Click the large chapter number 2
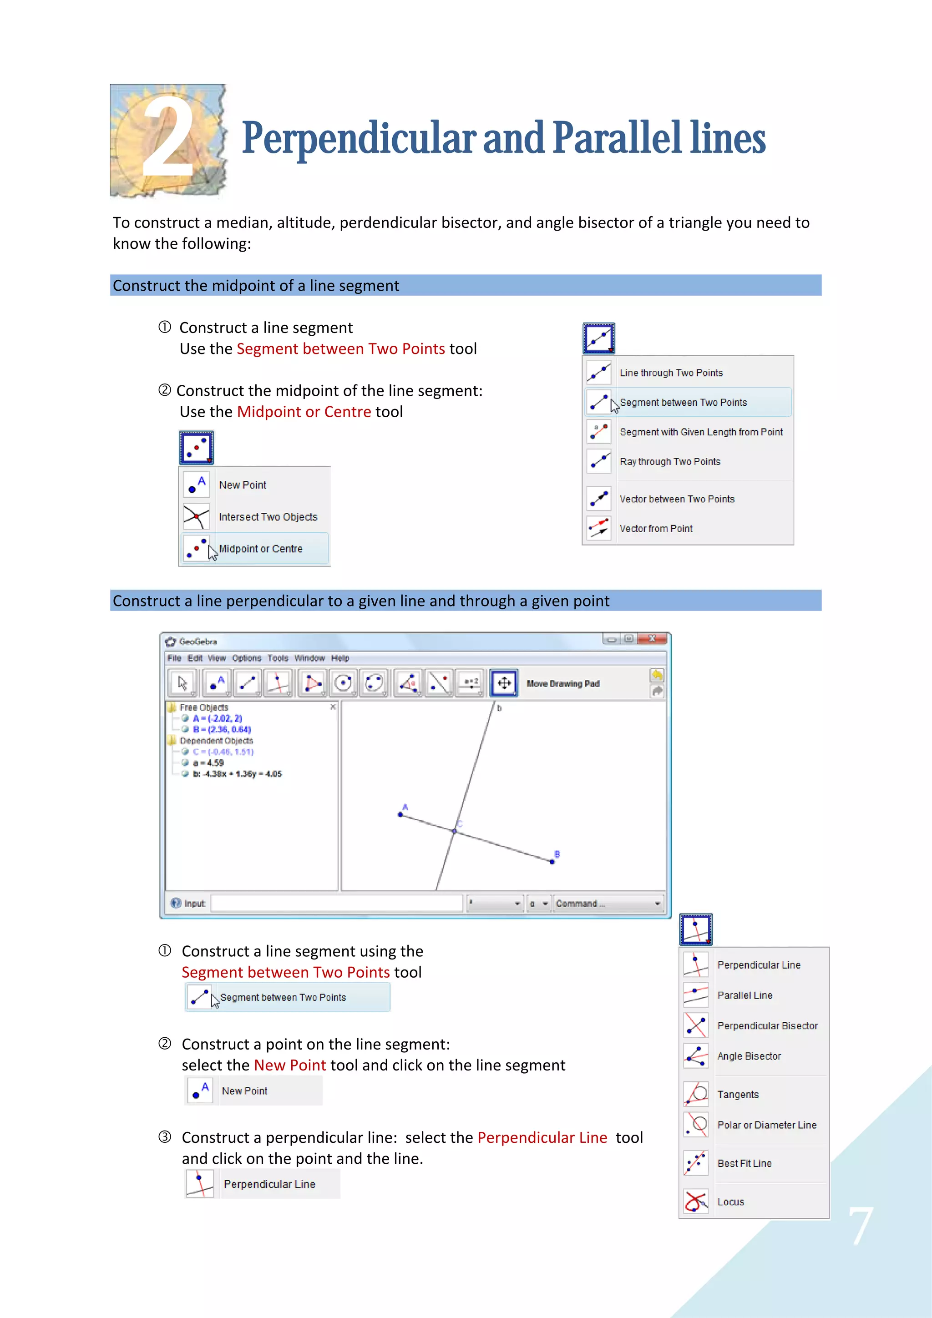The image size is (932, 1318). tap(167, 138)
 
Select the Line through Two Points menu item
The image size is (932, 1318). tap(671, 373)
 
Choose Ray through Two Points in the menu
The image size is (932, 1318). tap(669, 461)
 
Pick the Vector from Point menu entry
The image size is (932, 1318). tap(656, 529)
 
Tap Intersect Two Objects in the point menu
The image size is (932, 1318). tap(268, 517)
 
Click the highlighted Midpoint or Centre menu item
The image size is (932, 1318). tap(260, 549)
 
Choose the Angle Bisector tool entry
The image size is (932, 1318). tap(748, 1056)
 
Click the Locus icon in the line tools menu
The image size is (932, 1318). tap(696, 1201)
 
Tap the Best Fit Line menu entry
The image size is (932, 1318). tap(744, 1163)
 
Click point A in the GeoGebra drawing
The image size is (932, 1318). tap(400, 814)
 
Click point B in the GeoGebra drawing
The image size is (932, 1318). tap(552, 861)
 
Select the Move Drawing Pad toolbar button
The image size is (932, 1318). tap(504, 683)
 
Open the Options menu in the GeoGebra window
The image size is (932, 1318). tap(246, 658)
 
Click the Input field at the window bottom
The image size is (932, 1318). tap(336, 903)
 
